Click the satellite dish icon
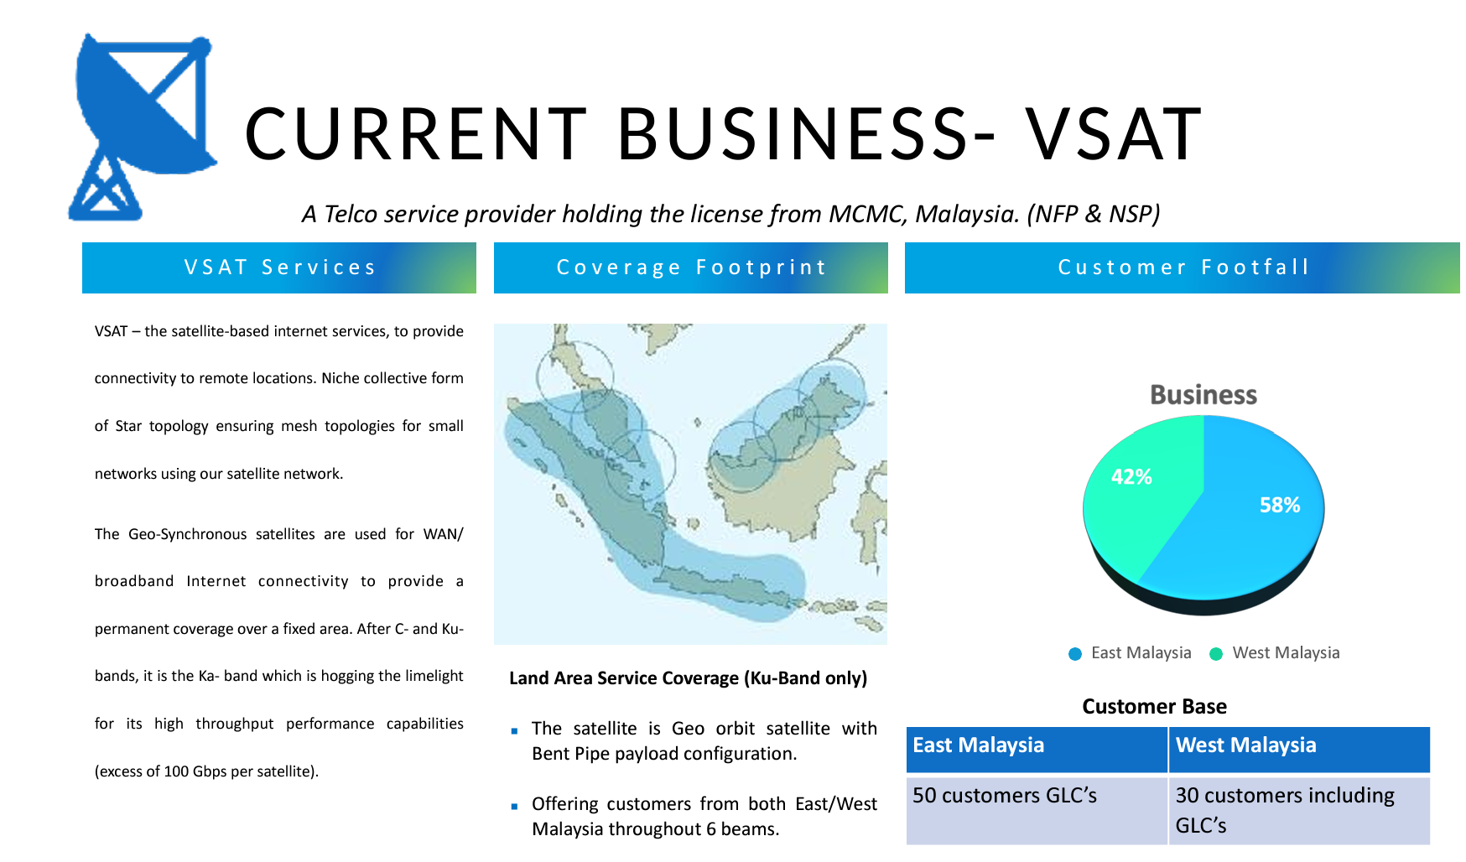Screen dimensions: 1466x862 [143, 126]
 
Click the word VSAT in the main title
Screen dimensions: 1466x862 [1114, 134]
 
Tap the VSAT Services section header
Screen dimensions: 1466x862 [279, 267]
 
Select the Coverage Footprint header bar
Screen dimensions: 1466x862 [691, 267]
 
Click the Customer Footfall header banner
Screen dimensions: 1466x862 [1183, 267]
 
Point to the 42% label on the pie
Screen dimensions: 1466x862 [1131, 477]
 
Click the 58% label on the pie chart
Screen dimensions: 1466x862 [1280, 505]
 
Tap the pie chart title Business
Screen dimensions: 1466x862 [1203, 395]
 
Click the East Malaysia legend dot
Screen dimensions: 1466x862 [1075, 654]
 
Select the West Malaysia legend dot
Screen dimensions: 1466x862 [1216, 654]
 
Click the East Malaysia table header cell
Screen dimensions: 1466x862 [1037, 749]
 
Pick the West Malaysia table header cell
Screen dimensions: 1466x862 [1299, 749]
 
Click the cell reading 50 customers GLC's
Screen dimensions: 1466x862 [1037, 810]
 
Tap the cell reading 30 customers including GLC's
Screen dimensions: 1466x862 [1299, 810]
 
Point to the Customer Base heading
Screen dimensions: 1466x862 [1154, 707]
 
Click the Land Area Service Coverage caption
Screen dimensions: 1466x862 [688, 678]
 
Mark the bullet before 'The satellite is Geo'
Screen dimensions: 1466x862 [514, 731]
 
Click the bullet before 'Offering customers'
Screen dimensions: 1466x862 [514, 807]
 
